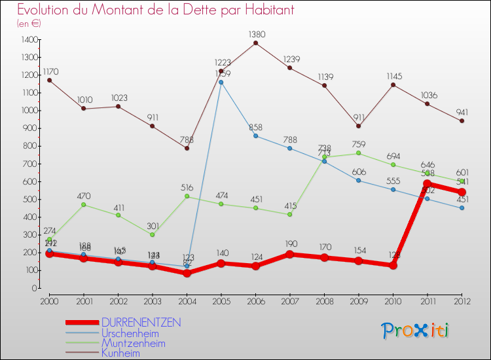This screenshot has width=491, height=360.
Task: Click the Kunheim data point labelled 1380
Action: [x=255, y=43]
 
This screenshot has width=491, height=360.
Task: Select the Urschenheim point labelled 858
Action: [x=255, y=135]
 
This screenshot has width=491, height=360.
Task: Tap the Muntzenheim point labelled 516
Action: [x=187, y=196]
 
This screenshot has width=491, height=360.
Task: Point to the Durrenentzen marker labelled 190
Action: [x=290, y=254]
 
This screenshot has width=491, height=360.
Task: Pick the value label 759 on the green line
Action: [x=358, y=144]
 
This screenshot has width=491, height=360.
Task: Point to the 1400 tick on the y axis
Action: [x=28, y=40]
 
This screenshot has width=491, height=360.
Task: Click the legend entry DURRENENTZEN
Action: [x=141, y=323]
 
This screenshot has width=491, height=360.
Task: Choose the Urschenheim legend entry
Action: [x=130, y=333]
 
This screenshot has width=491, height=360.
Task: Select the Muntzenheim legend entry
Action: [x=133, y=343]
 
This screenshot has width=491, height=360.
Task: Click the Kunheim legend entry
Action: [x=120, y=353]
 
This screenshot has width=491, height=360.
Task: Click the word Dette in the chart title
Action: [x=183, y=10]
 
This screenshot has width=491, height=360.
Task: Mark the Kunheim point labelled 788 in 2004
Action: [x=187, y=148]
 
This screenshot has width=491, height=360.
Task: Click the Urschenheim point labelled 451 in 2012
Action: [x=462, y=207]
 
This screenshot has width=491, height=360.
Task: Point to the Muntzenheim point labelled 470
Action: [x=83, y=204]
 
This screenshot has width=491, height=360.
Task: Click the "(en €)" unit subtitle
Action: [x=29, y=23]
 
